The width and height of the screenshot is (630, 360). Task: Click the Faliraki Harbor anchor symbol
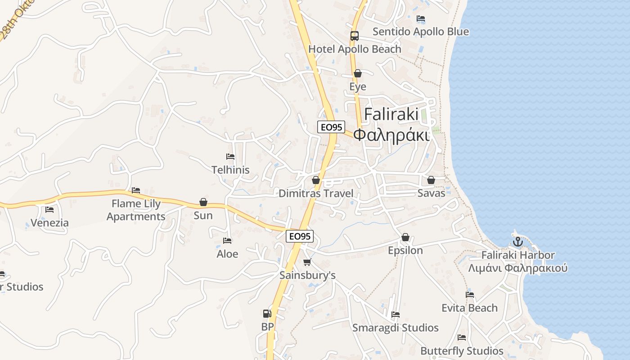tap(518, 242)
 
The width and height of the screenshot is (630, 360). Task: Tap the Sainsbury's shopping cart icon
tap(307, 262)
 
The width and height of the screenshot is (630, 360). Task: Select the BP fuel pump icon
tap(267, 314)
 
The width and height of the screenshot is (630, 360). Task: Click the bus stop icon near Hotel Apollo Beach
tap(355, 36)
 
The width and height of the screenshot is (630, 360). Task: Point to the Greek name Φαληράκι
tap(391, 135)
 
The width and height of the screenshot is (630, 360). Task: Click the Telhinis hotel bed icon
tap(230, 157)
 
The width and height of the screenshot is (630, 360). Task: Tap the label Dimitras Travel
tap(316, 193)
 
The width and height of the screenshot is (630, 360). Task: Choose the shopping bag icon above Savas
tap(431, 180)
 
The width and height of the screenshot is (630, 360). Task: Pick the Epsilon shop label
tap(405, 250)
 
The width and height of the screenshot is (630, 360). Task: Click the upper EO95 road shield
tap(331, 127)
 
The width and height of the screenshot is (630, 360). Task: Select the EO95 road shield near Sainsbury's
tap(300, 236)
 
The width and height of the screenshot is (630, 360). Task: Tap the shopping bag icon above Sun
tap(203, 202)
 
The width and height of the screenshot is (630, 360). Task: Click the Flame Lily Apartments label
tap(136, 210)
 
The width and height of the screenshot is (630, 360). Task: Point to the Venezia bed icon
tap(49, 210)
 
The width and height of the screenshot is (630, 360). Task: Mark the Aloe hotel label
tap(227, 254)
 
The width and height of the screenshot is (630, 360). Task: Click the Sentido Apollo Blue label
tap(421, 31)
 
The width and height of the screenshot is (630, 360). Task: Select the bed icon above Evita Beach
tap(470, 295)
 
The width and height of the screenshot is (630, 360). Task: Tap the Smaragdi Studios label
tap(396, 328)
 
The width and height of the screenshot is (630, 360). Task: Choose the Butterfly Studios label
tap(462, 351)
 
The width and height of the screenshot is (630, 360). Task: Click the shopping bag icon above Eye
tap(358, 73)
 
